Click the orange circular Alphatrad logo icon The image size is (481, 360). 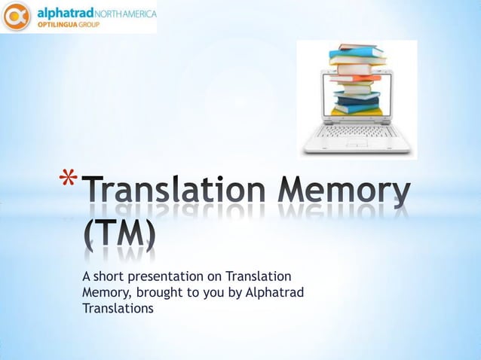click(x=16, y=17)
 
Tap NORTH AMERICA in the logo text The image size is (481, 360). click(x=124, y=13)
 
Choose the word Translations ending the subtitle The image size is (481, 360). click(x=118, y=308)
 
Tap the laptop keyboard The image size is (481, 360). click(x=357, y=132)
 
